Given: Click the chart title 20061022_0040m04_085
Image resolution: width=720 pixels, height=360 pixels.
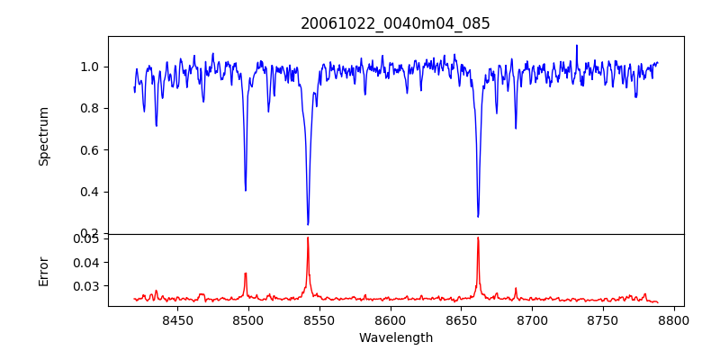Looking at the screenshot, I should (x=395, y=23).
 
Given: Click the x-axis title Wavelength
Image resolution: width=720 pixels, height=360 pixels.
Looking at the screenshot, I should (x=395, y=338).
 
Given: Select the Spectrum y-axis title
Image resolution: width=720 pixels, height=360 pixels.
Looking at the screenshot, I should (x=44, y=136).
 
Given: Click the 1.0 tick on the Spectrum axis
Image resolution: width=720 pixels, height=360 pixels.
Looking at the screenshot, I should (x=91, y=67).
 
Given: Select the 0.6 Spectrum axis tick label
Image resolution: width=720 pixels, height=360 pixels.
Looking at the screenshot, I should (x=91, y=150).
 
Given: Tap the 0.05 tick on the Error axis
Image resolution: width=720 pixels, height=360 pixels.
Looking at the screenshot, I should (x=87, y=238).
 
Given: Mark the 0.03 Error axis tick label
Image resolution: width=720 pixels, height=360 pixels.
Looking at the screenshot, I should (x=87, y=286).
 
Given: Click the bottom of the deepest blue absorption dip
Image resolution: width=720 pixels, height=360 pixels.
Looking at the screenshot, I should (x=308, y=224).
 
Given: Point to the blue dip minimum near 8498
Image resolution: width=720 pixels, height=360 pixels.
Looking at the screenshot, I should (x=246, y=190).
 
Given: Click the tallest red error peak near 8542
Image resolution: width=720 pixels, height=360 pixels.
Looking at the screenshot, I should (x=308, y=238).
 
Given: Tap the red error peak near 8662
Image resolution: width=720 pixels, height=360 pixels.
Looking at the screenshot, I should (x=478, y=238).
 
